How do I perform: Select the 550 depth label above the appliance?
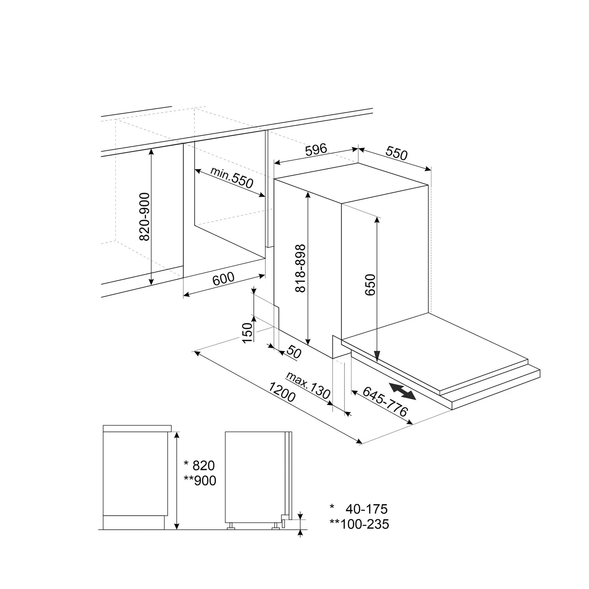click(x=396, y=153)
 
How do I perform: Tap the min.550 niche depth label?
click(x=232, y=177)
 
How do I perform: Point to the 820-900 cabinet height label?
click(x=145, y=216)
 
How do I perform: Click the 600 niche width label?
click(x=223, y=279)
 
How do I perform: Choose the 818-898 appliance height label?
click(x=300, y=268)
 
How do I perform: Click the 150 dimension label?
click(x=248, y=332)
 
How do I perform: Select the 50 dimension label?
click(x=293, y=352)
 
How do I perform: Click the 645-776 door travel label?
click(x=385, y=401)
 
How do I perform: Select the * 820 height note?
click(x=199, y=466)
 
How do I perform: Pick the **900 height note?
click(x=200, y=481)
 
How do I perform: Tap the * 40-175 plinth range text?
click(x=359, y=509)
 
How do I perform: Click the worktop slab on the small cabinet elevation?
click(x=137, y=428)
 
